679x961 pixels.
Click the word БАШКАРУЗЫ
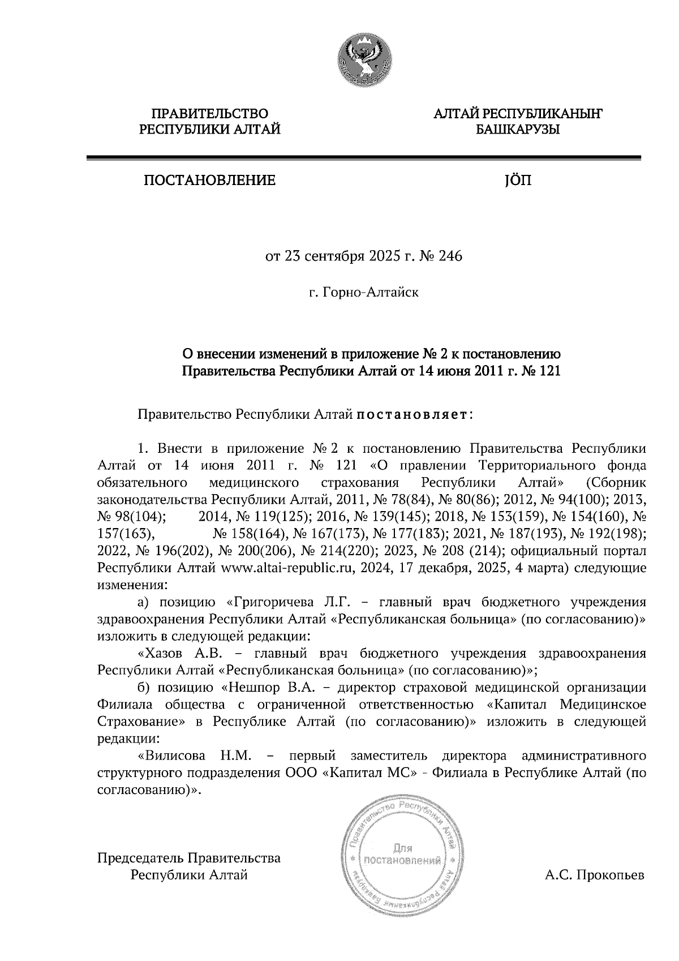517,130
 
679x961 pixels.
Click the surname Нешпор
251,688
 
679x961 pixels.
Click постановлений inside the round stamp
402,861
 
